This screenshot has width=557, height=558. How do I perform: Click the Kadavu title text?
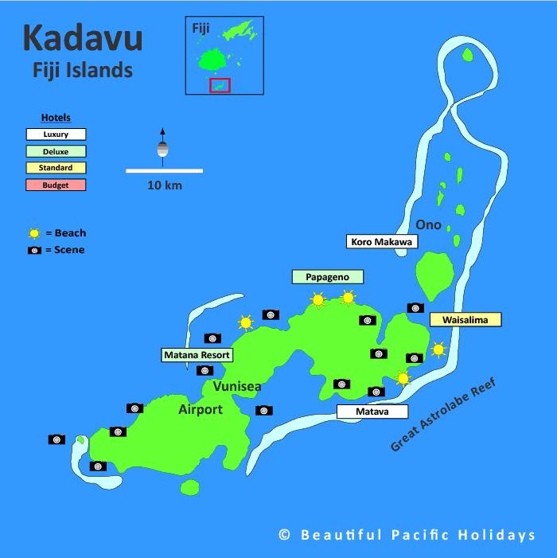tap(83, 38)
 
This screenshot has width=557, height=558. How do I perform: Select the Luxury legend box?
tap(56, 135)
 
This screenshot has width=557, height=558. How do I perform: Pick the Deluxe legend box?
tap(56, 151)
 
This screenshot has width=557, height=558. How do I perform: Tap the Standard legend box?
tap(56, 168)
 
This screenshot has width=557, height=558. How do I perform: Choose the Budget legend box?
tap(56, 185)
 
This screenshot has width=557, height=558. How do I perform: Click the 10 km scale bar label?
tap(164, 185)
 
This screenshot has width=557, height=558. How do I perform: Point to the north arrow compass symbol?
tap(162, 147)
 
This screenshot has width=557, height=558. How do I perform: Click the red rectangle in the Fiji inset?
tap(220, 85)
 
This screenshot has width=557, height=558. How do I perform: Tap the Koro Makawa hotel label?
tap(381, 241)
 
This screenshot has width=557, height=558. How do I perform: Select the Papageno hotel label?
tap(327, 276)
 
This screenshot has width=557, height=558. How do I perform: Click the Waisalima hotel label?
tap(465, 319)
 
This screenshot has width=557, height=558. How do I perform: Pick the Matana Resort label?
tap(197, 355)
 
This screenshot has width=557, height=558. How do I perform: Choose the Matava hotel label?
tap(372, 412)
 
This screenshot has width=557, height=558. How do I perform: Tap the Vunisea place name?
tap(237, 387)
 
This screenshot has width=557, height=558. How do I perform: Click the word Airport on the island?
tap(201, 409)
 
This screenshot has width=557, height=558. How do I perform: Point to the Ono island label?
tap(428, 224)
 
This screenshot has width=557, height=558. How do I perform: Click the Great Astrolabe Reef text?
tap(442, 416)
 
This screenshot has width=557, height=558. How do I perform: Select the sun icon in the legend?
tap(34, 233)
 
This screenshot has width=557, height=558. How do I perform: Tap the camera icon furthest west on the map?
tap(56, 439)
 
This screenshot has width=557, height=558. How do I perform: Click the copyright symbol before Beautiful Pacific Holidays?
tap(284, 536)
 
